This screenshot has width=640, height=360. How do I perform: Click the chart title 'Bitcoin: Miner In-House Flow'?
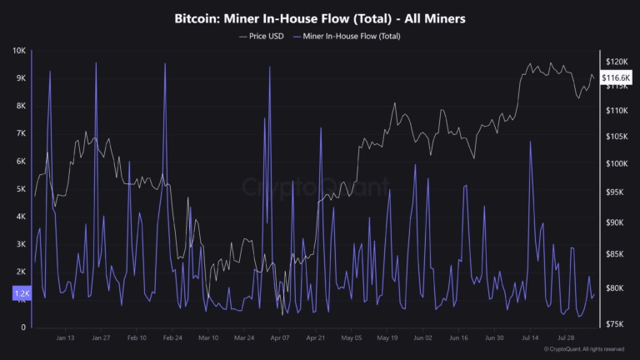(320, 17)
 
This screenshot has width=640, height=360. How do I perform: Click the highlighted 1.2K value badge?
(21, 294)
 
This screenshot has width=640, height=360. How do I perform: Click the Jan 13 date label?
(65, 338)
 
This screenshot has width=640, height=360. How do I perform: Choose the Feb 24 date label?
(173, 338)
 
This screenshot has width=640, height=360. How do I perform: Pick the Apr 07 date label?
(280, 338)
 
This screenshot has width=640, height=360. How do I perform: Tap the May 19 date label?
(387, 338)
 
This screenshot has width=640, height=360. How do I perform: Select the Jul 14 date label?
(531, 338)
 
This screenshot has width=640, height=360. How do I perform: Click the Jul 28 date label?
(567, 338)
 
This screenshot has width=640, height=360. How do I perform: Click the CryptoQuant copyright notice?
(583, 349)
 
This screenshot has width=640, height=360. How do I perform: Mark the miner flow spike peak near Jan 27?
(97, 62)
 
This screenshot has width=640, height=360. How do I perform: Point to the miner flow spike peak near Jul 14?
(530, 142)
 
